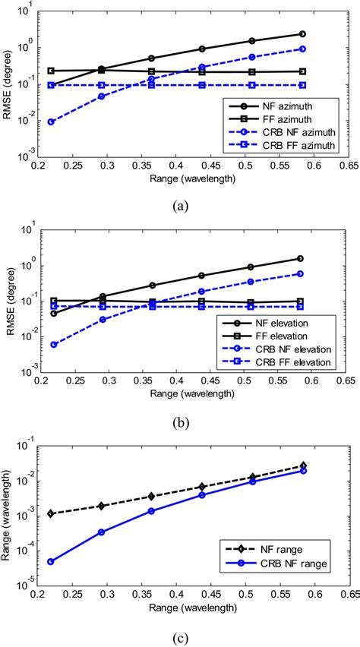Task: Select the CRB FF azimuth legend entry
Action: [x=284, y=144]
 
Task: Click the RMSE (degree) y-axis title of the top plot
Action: [x=9, y=84]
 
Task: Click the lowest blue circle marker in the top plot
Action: [x=50, y=122]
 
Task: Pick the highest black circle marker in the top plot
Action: [x=302, y=34]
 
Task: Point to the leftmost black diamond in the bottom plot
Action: [x=50, y=513]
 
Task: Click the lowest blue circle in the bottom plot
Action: [x=50, y=561]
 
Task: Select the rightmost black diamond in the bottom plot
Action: [x=302, y=466]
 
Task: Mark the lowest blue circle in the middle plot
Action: [x=50, y=344]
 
